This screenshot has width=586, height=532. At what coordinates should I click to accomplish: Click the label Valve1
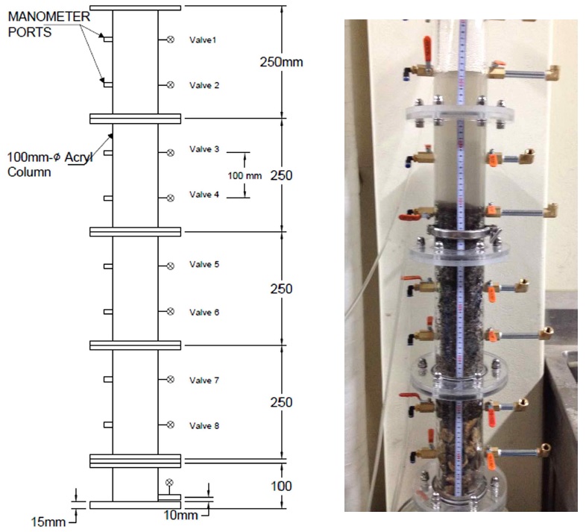point(203,40)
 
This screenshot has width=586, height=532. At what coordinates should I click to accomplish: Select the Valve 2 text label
point(204,85)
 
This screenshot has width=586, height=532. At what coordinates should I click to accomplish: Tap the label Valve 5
point(204,264)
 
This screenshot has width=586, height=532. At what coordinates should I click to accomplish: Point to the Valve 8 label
point(204,425)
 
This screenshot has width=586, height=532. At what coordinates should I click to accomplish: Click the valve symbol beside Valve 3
point(170,153)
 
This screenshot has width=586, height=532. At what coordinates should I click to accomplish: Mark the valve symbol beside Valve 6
point(170,311)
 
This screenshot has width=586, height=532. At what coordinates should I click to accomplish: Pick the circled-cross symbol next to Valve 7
point(170,380)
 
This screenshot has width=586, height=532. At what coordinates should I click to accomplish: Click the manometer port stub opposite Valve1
point(108,40)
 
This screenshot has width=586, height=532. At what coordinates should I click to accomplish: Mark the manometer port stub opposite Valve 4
point(108,198)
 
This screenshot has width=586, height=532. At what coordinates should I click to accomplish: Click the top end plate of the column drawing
point(134,7)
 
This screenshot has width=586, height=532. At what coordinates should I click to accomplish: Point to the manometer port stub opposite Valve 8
point(108,425)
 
